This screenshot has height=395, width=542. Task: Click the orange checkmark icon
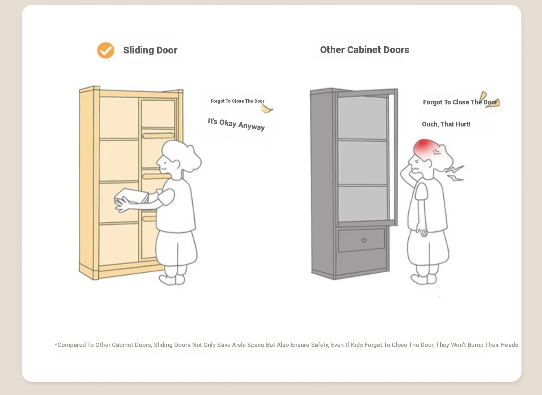coord(106,50)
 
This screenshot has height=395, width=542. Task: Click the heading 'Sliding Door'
coord(150,50)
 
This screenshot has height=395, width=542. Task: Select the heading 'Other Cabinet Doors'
coord(365,50)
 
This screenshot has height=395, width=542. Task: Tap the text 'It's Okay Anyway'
coord(236,124)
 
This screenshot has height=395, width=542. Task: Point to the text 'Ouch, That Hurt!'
coord(446,124)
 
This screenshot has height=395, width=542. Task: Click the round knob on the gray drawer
coord(364,240)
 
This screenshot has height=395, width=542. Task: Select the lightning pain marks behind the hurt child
coord(455,173)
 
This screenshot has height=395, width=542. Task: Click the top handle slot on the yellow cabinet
coord(158,136)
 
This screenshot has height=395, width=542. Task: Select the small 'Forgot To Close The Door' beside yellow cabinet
coord(237,101)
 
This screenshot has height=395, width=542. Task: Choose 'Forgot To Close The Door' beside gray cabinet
coord(460,102)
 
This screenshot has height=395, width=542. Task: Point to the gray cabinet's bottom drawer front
coord(361,240)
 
